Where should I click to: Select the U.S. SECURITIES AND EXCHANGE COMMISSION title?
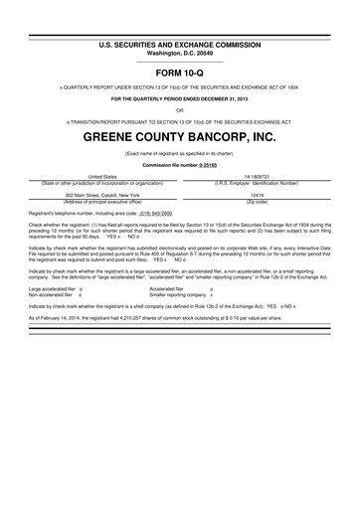click(179, 18)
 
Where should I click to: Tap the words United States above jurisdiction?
click(95, 176)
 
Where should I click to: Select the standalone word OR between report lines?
click(179, 110)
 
